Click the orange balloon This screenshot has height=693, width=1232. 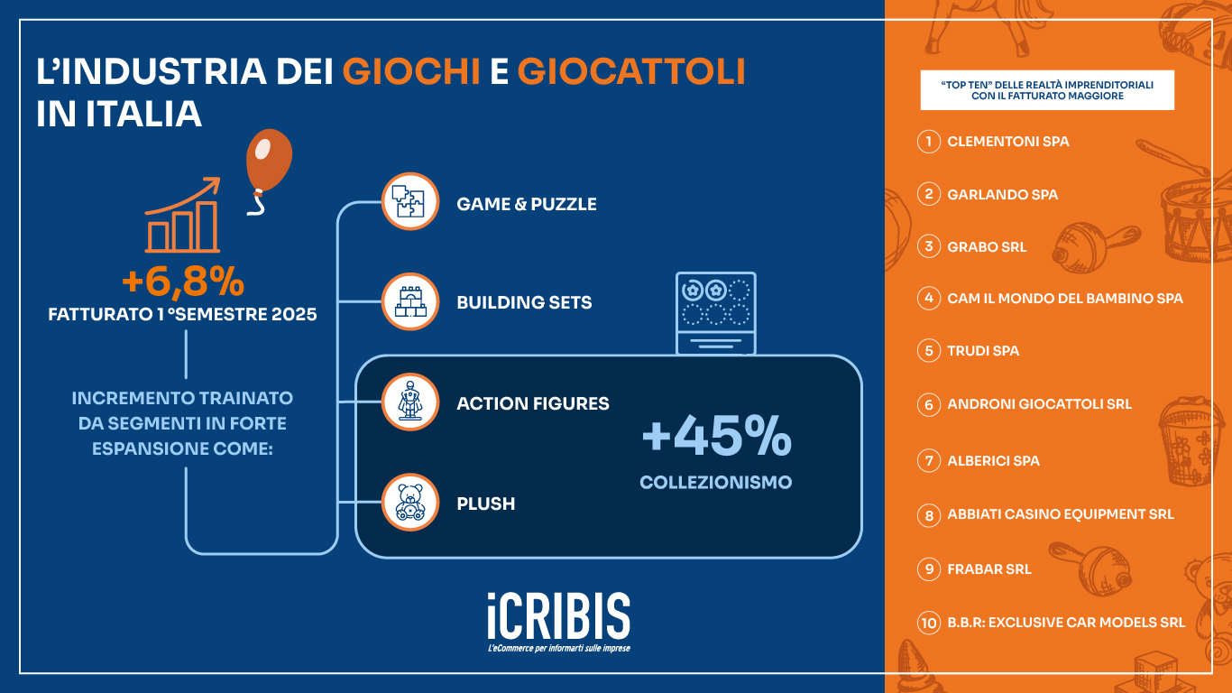[x=268, y=162]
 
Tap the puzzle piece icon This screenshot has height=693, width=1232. [x=410, y=201]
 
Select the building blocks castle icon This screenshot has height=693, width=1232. [x=410, y=301]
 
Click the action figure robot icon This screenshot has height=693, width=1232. [x=410, y=402]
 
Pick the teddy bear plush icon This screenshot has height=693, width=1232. [x=410, y=503]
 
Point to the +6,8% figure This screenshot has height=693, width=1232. [x=183, y=282]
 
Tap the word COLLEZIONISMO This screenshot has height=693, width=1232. [x=715, y=483]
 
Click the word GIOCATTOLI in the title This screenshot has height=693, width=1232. [x=631, y=72]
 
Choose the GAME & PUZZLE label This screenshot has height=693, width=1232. [x=527, y=205]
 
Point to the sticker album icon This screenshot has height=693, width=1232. [x=715, y=312]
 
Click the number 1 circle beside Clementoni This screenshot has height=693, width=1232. [x=928, y=142]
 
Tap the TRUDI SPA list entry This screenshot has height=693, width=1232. [x=983, y=351]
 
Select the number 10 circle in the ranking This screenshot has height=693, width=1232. [x=928, y=623]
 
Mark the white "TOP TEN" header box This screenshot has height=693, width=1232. [x=1047, y=90]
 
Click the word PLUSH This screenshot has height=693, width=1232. [x=486, y=504]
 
